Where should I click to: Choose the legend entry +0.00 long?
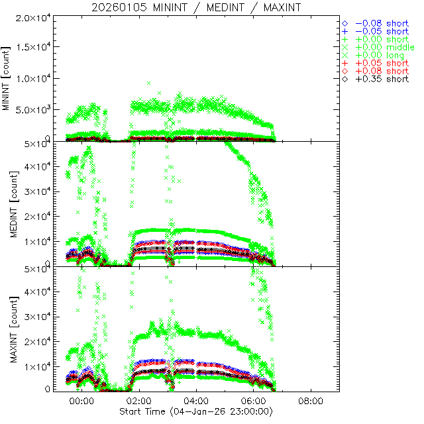pyautogui.click(x=380, y=55)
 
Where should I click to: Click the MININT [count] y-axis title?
pyautogui.click(x=8, y=79)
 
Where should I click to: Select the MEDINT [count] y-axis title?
pyautogui.click(x=8, y=204)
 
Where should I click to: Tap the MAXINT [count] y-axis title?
pyautogui.click(x=8, y=329)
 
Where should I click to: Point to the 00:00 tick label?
pyautogui.click(x=81, y=401)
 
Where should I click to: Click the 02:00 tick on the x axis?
pyautogui.click(x=139, y=401)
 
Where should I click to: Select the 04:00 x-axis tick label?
pyautogui.click(x=196, y=401)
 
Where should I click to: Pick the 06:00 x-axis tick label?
pyautogui.click(x=254, y=401)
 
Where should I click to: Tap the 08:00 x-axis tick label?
pyautogui.click(x=311, y=401)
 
